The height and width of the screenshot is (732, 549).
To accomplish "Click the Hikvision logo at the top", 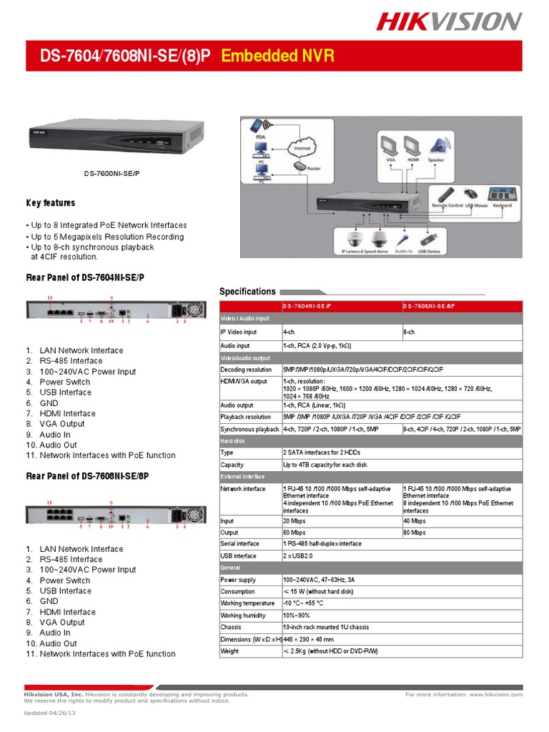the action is point(450,22).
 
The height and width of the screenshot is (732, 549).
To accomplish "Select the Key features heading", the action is point(51,203).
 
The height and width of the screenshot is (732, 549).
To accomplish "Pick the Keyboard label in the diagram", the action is point(502,205).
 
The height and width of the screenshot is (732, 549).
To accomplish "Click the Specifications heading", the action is point(247,292).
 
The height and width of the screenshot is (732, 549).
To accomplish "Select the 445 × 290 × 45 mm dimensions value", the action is point(309,639).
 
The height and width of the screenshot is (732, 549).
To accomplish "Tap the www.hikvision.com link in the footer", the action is point(495,694).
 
